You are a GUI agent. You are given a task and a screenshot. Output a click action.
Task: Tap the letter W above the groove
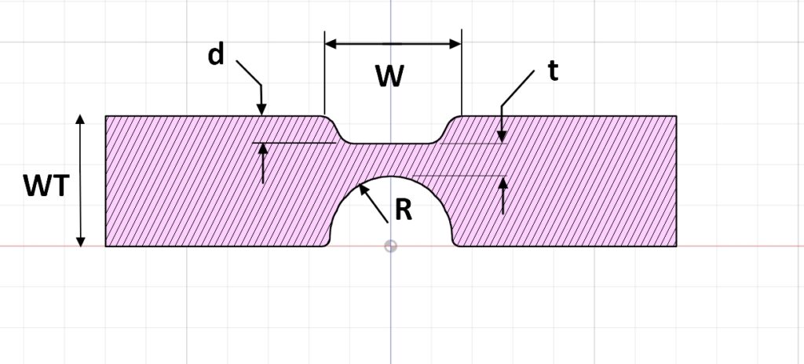(x=390, y=77)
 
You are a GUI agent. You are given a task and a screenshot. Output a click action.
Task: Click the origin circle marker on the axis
(x=390, y=246)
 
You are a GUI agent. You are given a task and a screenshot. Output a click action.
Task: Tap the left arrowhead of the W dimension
(x=331, y=44)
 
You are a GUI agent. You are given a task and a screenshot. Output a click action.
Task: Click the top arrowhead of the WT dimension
(x=79, y=120)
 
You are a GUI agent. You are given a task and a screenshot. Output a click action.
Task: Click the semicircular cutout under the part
(x=390, y=216)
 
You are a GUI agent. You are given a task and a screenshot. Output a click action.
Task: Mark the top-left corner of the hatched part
(x=106, y=116)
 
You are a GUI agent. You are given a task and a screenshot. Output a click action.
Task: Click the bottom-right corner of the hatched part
(x=677, y=246)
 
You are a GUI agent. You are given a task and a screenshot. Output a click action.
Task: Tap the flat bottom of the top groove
(x=390, y=144)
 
